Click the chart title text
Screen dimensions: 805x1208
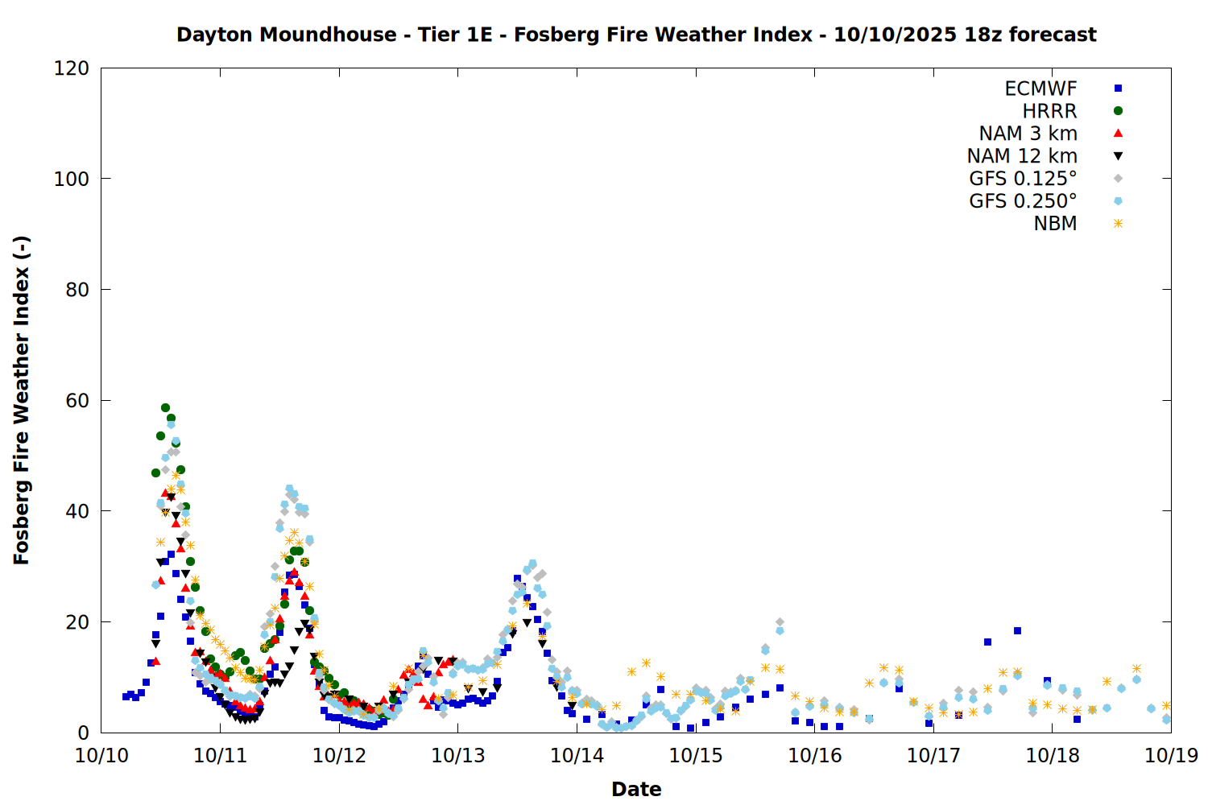[636, 35]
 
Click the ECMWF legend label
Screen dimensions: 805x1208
[1040, 89]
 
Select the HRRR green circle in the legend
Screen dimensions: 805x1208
[1118, 111]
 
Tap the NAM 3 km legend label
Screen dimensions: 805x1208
[1028, 134]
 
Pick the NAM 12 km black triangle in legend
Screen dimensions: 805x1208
[1118, 156]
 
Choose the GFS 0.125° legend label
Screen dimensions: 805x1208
[1023, 179]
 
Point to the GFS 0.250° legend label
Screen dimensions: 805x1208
[1023, 201]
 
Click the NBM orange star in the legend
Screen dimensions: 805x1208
[1118, 224]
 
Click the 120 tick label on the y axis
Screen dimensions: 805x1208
[72, 68]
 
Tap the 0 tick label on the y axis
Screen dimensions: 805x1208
[83, 733]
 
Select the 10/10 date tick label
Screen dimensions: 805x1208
[101, 756]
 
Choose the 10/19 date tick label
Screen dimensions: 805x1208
[1171, 756]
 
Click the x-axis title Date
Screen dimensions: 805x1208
[636, 790]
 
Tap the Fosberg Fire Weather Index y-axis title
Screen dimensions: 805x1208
[22, 400]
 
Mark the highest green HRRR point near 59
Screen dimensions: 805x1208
[165, 408]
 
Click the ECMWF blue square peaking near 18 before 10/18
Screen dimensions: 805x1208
[1017, 631]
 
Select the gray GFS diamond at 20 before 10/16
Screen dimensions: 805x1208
[780, 622]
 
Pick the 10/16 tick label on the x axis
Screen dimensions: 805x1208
[814, 756]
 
